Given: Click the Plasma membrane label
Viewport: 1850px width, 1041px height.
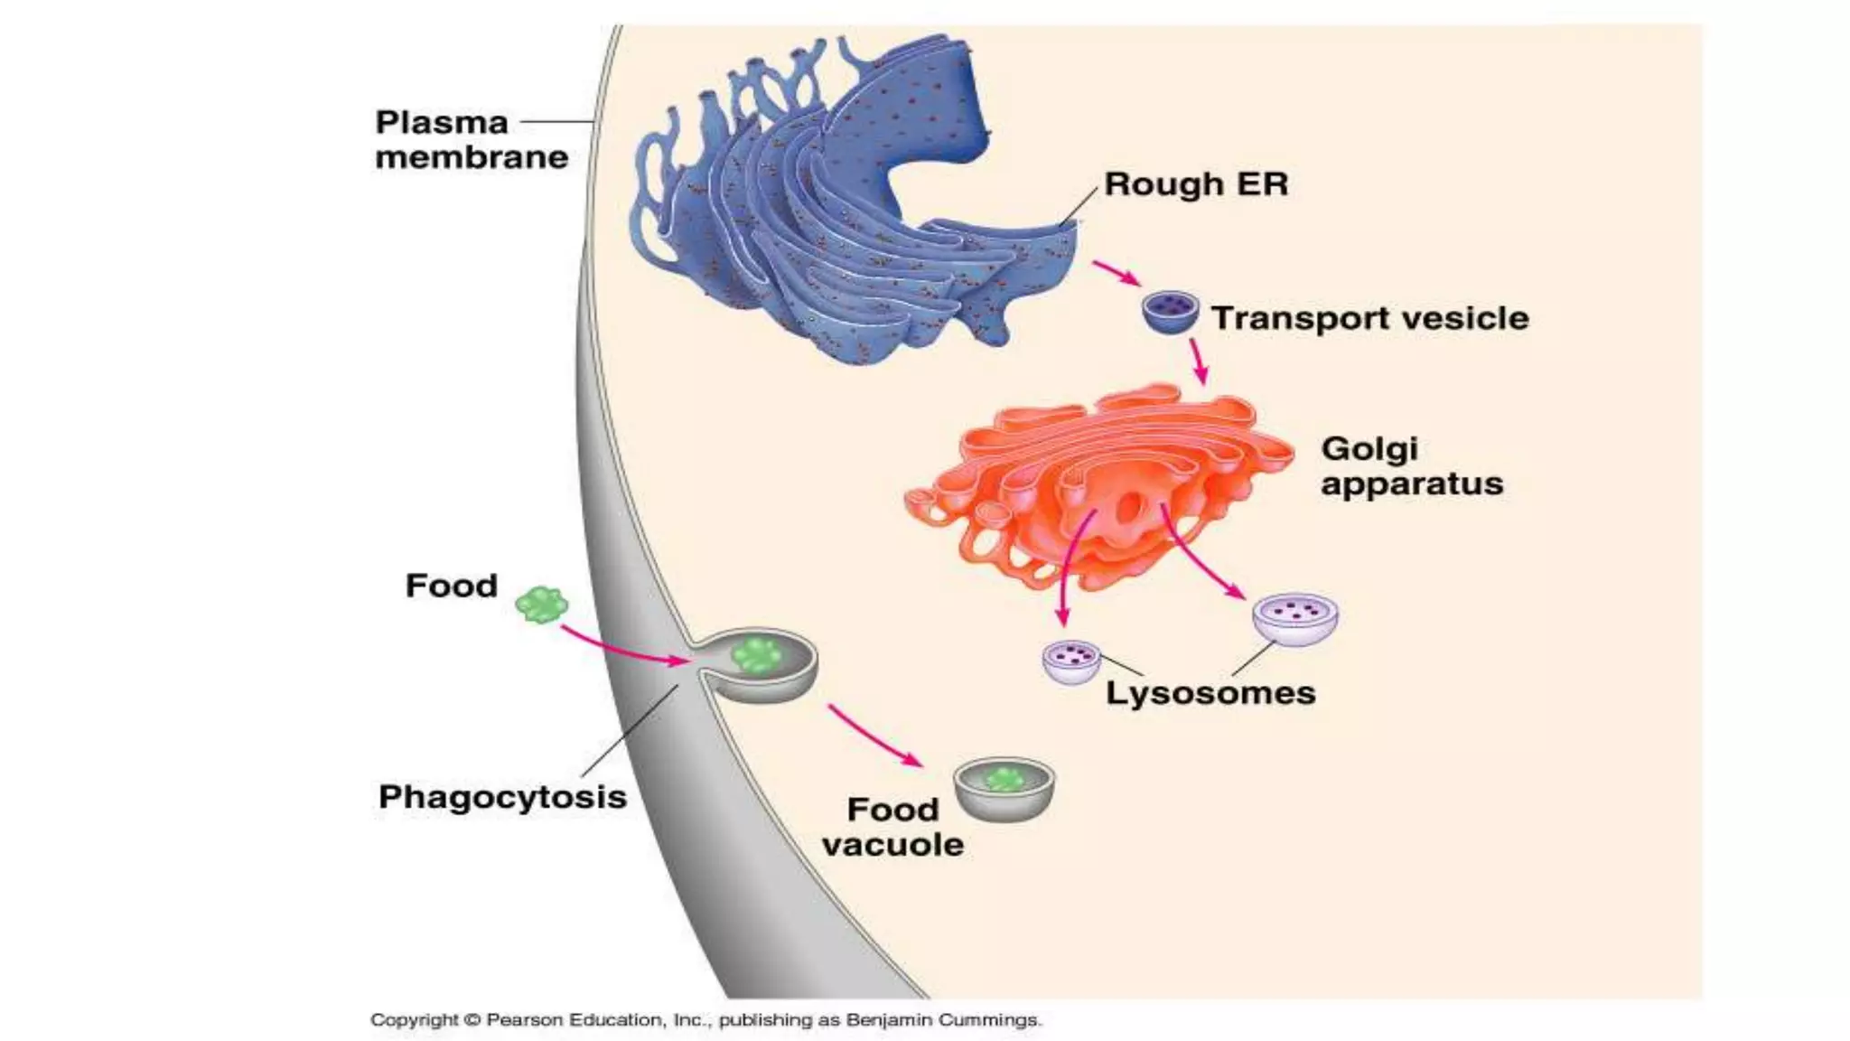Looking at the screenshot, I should point(471,140).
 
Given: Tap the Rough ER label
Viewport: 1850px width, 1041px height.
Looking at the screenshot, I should point(1196,184).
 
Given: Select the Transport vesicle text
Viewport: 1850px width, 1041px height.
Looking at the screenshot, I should point(1369,318).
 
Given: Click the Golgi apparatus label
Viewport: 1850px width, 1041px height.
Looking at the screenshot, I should point(1411,466).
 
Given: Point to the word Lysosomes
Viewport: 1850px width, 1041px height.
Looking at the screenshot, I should point(1210,693).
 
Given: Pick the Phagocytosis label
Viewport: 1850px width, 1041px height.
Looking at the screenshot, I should point(502,797).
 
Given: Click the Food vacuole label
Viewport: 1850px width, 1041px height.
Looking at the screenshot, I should point(892,827).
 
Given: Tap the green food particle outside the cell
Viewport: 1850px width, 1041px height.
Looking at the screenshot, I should point(541,605).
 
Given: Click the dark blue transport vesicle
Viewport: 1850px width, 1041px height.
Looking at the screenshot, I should point(1170,312).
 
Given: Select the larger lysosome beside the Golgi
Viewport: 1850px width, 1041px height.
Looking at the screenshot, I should point(1295,619).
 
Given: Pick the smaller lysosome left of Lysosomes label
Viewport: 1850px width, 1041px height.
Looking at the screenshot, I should point(1071,661).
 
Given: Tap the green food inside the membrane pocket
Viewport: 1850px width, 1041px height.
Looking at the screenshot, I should point(757,655).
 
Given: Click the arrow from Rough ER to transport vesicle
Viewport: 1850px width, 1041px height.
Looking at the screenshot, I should point(1117,273).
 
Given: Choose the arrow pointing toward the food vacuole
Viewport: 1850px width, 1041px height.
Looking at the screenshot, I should point(874,736).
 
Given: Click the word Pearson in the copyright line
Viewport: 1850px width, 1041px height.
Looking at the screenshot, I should point(525,1020).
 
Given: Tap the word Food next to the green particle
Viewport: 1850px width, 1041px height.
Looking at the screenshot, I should point(451,586).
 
